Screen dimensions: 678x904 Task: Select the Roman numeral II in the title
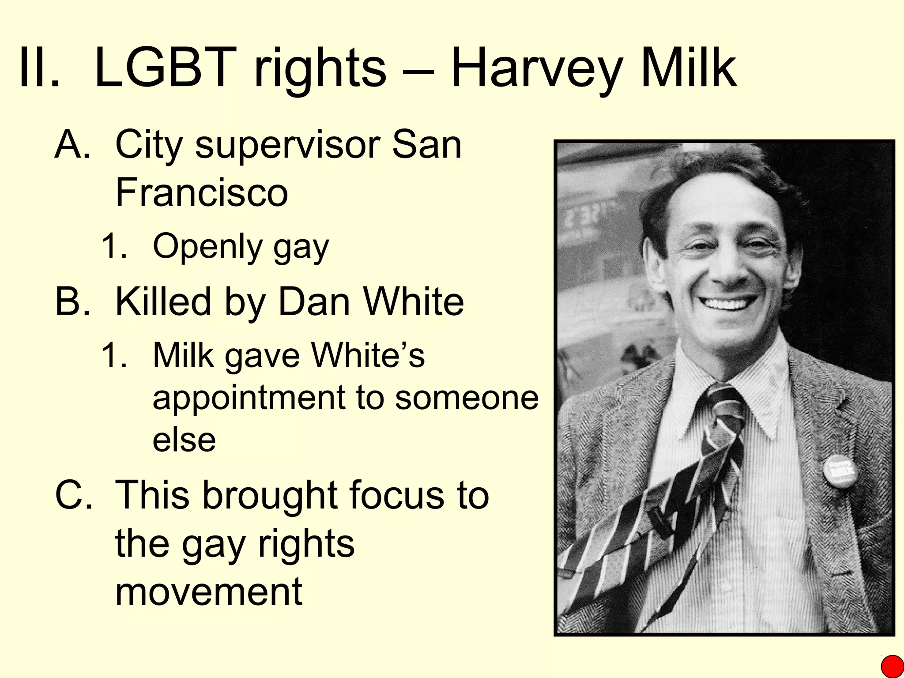(x=39, y=67)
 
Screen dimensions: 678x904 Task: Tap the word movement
(x=209, y=591)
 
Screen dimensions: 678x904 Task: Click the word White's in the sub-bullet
(x=368, y=355)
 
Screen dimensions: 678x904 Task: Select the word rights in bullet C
(x=306, y=543)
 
